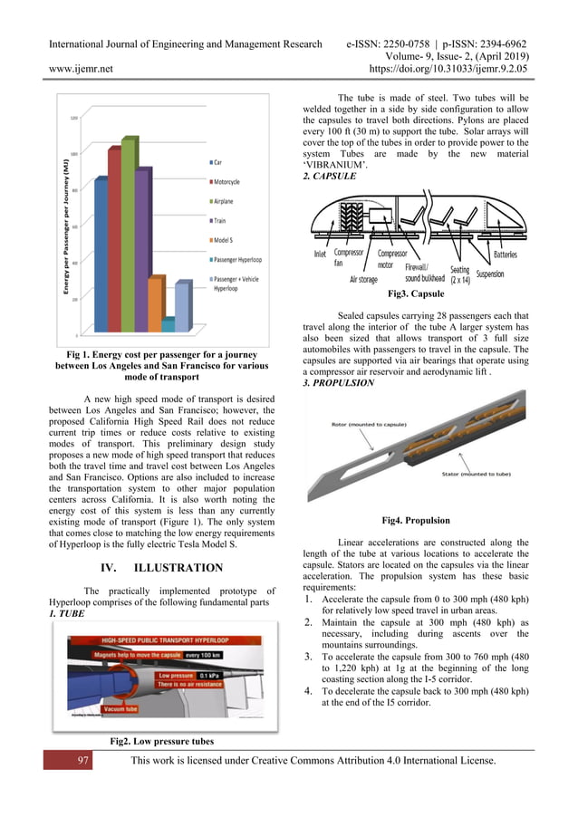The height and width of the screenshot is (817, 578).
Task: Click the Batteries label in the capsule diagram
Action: coord(506,255)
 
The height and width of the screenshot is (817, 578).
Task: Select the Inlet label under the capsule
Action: coord(320,255)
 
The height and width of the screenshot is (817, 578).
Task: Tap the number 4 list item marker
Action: coord(310,693)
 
